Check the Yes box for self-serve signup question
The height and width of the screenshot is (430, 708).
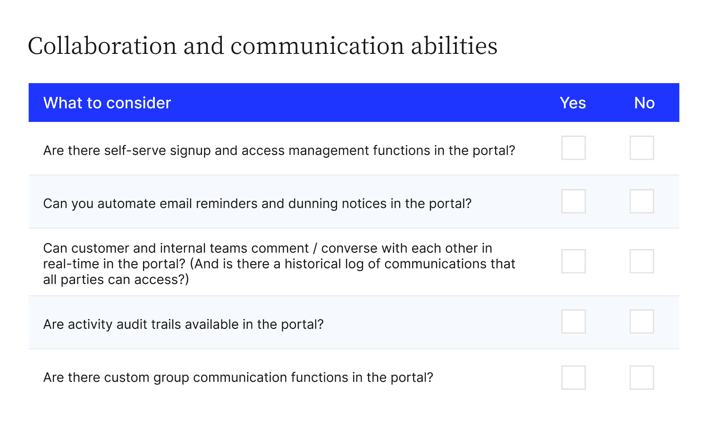click(573, 148)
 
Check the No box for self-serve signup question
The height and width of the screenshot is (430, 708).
click(641, 148)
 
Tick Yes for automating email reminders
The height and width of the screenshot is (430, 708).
click(573, 201)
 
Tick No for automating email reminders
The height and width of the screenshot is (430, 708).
click(641, 201)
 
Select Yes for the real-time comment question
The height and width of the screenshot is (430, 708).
click(573, 261)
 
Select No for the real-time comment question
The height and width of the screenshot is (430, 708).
click(641, 261)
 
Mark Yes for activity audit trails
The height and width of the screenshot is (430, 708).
click(573, 321)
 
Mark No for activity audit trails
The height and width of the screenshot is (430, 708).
click(641, 321)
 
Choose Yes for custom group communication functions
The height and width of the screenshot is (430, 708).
click(573, 378)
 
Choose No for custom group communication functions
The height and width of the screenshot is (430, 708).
click(641, 378)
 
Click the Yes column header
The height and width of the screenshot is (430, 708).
click(573, 103)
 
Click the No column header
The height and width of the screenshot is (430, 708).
click(644, 103)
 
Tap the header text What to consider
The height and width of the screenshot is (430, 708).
click(107, 103)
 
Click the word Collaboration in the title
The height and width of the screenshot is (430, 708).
click(102, 46)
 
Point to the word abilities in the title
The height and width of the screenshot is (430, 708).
click(454, 46)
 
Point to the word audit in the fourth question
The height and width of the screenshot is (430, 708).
click(132, 324)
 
